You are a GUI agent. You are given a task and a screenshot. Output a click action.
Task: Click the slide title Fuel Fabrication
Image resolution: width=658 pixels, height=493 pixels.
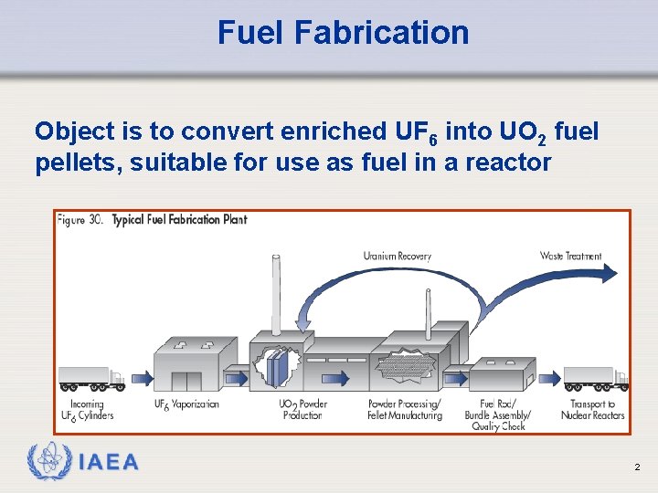pos(343,33)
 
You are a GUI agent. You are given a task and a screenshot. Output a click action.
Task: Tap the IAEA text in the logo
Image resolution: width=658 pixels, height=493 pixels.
pos(109,463)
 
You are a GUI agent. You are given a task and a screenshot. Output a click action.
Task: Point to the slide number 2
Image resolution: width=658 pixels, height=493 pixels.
pos(637,467)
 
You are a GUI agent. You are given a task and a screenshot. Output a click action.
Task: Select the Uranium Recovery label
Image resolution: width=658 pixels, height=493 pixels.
pos(397,257)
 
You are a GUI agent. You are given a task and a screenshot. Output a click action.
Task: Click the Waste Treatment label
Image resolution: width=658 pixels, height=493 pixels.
pos(571,257)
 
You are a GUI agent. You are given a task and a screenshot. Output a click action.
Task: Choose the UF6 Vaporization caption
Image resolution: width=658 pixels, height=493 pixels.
pos(186,404)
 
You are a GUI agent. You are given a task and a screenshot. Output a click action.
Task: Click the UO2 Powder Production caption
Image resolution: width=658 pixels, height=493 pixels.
pos(302,410)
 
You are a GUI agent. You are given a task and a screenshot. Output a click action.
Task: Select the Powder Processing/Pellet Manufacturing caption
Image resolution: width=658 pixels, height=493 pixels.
pos(404,410)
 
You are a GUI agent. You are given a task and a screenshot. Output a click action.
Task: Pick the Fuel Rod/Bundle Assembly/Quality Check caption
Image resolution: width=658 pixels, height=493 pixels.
pos(497,415)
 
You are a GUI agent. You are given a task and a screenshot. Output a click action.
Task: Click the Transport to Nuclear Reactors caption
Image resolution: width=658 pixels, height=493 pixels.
pos(593,410)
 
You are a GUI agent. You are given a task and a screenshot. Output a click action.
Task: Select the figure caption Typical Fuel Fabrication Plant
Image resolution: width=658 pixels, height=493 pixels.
pos(179,220)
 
